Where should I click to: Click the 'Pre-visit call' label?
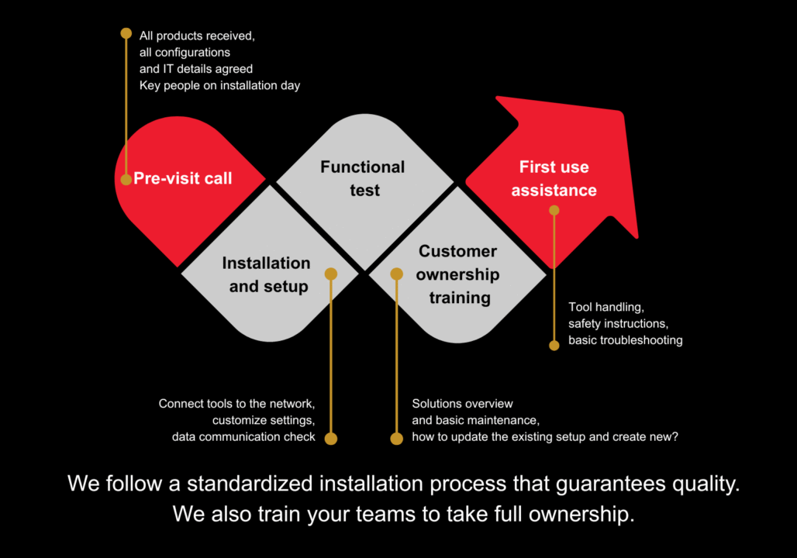pyautogui.click(x=183, y=178)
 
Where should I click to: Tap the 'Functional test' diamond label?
pyautogui.click(x=363, y=178)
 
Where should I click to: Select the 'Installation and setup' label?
pyautogui.click(x=267, y=274)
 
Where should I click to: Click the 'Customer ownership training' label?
pyautogui.click(x=457, y=274)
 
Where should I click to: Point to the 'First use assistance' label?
pyautogui.click(x=554, y=178)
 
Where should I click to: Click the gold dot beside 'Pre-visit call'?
pyautogui.click(x=126, y=180)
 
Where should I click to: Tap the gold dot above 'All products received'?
pyautogui.click(x=126, y=33)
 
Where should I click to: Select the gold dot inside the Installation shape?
pyautogui.click(x=331, y=274)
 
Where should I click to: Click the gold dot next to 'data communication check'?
pyautogui.click(x=331, y=439)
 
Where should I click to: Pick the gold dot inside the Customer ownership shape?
pyautogui.click(x=397, y=274)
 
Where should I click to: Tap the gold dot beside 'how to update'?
pyautogui.click(x=397, y=439)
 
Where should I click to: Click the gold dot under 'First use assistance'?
pyautogui.click(x=554, y=210)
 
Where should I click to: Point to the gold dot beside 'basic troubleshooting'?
pyautogui.click(x=554, y=346)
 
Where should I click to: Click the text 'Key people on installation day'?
pyautogui.click(x=219, y=85)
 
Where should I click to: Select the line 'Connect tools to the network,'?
pyautogui.click(x=237, y=404)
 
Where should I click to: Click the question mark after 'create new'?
pyautogui.click(x=675, y=436)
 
